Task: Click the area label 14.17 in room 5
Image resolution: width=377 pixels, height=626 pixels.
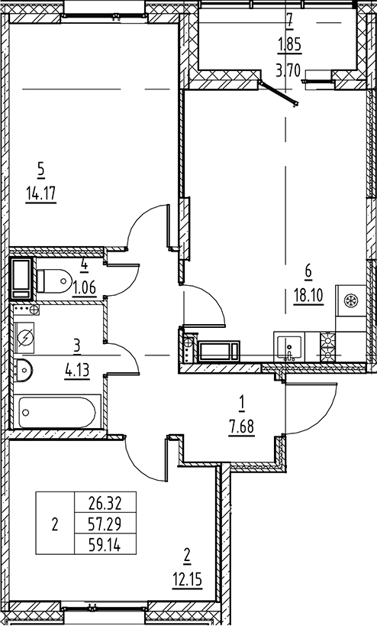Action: tap(40, 195)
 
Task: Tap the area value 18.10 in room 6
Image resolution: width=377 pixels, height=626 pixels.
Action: tap(308, 297)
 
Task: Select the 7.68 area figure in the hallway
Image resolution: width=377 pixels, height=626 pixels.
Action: tap(241, 427)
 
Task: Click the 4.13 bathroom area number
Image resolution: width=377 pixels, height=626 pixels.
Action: tap(77, 370)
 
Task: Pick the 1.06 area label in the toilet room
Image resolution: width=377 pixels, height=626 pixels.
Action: tap(84, 287)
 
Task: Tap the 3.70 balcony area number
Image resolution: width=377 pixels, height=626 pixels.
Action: tap(289, 72)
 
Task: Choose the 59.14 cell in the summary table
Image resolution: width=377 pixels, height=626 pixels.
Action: tap(105, 545)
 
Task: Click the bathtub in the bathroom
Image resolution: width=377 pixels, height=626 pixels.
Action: tap(57, 412)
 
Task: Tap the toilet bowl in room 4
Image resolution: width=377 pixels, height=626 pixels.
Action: tap(53, 280)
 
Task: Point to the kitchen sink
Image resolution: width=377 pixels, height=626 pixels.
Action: tap(289, 346)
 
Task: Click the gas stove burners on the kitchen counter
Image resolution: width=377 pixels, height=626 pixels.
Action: tap(328, 346)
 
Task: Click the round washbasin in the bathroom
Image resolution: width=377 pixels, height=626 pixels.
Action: tap(22, 370)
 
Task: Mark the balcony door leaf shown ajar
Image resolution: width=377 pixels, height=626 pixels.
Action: tap(279, 94)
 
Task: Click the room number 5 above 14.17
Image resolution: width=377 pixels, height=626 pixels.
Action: tap(40, 170)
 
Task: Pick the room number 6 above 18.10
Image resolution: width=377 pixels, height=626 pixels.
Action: tap(308, 271)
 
